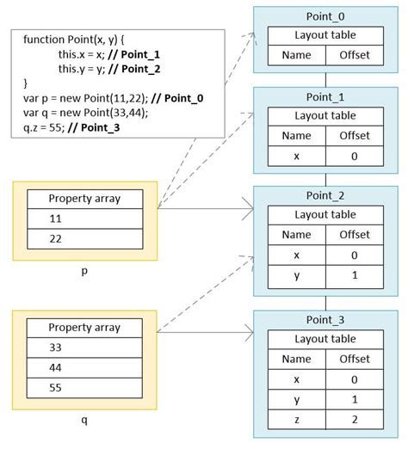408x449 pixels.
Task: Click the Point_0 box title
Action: click(x=325, y=16)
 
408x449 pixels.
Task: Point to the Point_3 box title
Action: click(x=325, y=319)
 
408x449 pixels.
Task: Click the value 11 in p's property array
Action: click(x=56, y=218)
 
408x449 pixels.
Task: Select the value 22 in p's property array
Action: click(x=56, y=239)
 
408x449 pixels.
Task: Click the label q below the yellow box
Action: click(x=84, y=422)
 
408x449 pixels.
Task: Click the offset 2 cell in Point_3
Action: click(x=355, y=421)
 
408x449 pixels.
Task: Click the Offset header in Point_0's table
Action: click(x=355, y=55)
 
